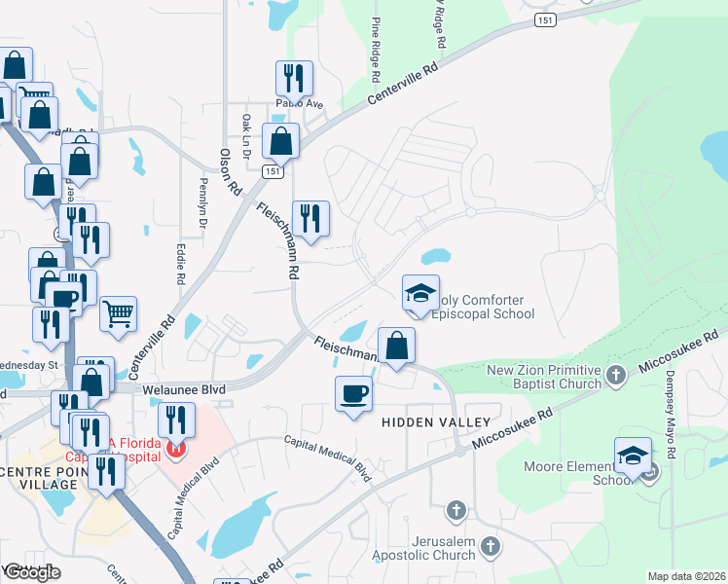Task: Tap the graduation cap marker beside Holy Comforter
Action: [421, 294]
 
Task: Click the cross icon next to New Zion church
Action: [615, 375]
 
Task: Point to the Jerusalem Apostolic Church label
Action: [428, 548]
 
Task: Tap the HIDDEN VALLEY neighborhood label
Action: [435, 421]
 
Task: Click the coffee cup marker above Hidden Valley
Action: [352, 394]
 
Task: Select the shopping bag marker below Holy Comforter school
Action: [397, 347]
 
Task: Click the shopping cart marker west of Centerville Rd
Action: [118, 313]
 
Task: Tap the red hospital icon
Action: [175, 449]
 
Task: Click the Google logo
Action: [32, 572]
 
